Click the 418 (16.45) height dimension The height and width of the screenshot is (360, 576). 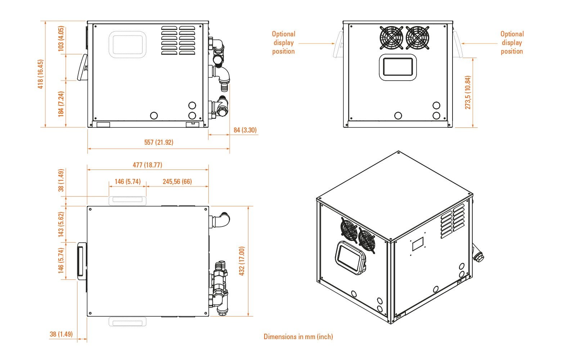pos(40,74)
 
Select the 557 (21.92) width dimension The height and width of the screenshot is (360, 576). pos(159,142)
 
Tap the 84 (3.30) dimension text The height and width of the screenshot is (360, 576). pos(245,130)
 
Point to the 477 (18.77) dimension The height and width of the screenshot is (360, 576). pos(148,165)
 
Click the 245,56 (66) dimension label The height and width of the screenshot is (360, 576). pos(177,181)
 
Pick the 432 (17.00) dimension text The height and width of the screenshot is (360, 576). pos(242,261)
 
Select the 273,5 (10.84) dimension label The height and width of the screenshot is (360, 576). pos(468,93)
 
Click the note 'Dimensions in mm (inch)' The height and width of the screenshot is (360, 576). pos(298,337)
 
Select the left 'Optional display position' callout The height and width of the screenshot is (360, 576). pos(283,42)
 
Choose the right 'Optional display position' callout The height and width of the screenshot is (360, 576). pos(512,42)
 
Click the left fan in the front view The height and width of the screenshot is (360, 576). pos(391,37)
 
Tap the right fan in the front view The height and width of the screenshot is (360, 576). pos(418,37)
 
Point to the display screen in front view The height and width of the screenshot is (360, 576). pos(398,67)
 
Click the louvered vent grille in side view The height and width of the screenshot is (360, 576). pos(178,40)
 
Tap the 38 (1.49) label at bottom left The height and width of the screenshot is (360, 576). pos(61,334)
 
